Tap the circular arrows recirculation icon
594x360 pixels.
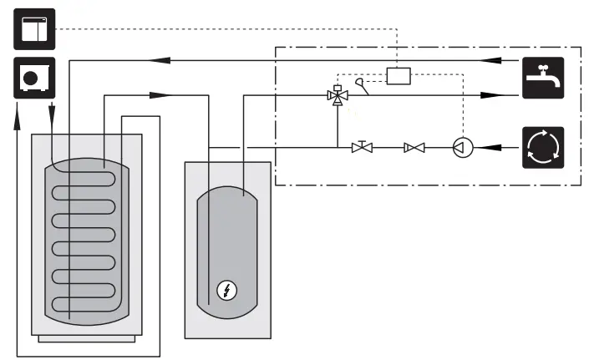(x=543, y=148)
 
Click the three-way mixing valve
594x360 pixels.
(x=337, y=96)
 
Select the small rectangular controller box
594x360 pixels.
(x=399, y=75)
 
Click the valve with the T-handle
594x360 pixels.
(x=363, y=147)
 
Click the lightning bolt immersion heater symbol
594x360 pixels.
(x=226, y=291)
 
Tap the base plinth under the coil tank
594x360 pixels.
(x=86, y=337)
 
